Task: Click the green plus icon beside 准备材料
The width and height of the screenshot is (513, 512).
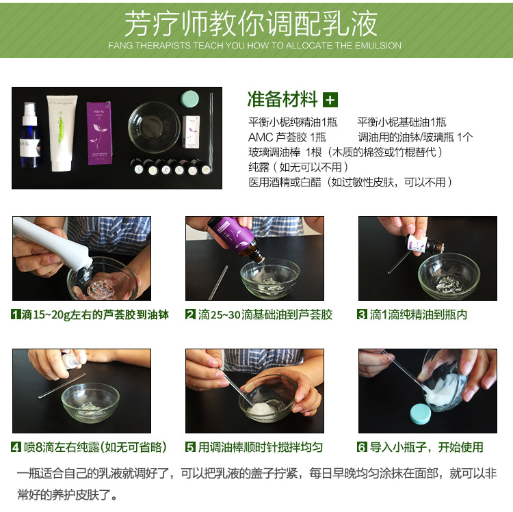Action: click(330, 100)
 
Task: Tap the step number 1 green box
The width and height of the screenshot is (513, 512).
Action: click(16, 314)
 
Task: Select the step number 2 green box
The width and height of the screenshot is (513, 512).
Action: click(190, 314)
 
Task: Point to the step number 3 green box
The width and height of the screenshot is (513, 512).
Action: click(362, 314)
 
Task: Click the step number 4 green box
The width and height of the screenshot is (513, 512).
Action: click(16, 447)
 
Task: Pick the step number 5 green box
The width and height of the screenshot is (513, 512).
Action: click(190, 447)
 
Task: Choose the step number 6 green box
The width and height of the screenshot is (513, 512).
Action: click(362, 447)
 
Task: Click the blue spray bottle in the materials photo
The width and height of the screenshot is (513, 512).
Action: click(30, 135)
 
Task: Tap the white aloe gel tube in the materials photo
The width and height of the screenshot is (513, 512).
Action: click(62, 133)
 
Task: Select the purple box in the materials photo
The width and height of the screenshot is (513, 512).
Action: click(99, 133)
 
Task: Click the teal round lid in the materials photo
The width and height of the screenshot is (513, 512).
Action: click(190, 99)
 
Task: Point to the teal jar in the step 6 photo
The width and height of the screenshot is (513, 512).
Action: click(421, 414)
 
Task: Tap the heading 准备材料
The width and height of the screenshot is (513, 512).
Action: click(282, 99)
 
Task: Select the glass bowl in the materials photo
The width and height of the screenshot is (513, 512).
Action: click(154, 127)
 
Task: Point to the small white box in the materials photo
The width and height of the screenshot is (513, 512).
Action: click(192, 132)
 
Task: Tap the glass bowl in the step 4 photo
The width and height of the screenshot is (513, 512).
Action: click(90, 402)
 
